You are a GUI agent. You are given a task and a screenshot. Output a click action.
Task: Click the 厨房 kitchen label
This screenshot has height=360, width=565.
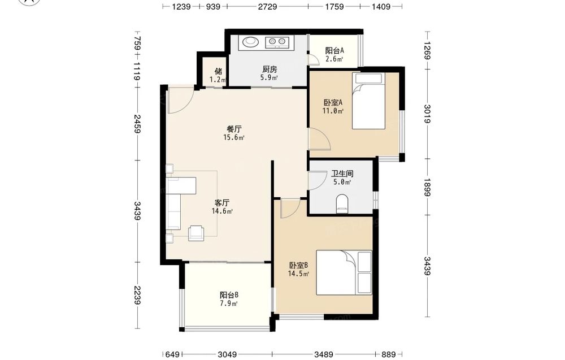point(269,69)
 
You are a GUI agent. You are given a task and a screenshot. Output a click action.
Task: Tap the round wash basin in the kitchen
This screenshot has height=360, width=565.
point(250,42)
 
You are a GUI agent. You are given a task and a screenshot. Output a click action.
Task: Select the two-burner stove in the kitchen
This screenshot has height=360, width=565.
point(277,42)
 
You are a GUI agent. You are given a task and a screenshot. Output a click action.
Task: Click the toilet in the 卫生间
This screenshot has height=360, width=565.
point(342,203)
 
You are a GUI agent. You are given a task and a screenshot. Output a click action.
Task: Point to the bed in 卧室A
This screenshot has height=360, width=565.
point(368,101)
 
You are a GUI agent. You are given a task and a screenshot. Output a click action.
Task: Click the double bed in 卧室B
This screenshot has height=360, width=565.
point(344,272)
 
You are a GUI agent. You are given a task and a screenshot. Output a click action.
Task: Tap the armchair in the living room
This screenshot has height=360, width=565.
point(196,232)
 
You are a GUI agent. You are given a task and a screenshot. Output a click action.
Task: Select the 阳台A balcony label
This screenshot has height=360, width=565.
point(334,50)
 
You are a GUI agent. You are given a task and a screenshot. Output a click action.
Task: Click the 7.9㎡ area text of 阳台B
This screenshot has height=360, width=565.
point(229,303)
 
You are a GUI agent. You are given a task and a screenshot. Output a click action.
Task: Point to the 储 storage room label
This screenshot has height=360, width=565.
point(218,71)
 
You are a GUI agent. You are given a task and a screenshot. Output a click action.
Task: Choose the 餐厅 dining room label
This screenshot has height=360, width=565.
point(234,129)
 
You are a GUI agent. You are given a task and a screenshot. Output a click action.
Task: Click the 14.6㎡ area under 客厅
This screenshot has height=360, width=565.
point(222,211)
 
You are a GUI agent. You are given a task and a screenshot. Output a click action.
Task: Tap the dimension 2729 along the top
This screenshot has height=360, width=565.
point(267,6)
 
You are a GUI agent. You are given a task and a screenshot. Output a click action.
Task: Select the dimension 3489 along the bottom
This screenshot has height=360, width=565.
point(324,354)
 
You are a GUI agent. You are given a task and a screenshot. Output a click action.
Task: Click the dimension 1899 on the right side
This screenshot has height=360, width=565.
point(427,187)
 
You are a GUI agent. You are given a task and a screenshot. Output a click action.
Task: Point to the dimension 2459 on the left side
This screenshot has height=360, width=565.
point(137,124)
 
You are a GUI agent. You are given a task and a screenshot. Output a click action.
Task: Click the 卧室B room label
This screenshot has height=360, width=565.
point(298,266)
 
